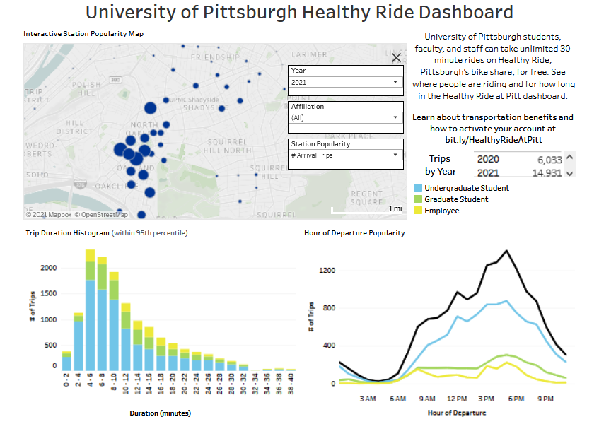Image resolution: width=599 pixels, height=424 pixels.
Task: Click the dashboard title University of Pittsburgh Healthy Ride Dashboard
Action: [299, 12]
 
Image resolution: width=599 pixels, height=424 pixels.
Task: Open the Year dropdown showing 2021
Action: [346, 82]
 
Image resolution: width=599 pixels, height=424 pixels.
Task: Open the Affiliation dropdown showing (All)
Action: [346, 118]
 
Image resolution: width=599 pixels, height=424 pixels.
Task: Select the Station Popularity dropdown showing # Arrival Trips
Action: [346, 155]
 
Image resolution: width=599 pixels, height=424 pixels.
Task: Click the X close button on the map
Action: [396, 58]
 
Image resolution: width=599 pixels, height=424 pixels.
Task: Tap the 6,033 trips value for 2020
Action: [545, 160]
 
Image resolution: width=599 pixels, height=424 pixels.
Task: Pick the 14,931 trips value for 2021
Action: [545, 173]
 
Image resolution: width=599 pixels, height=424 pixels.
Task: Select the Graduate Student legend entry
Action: [455, 199]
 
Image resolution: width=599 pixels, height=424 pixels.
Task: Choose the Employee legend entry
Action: [441, 211]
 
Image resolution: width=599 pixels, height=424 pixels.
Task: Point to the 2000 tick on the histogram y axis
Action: [48, 268]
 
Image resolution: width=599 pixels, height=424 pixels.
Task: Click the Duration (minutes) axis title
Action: [161, 413]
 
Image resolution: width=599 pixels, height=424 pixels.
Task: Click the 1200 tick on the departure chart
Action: [325, 271]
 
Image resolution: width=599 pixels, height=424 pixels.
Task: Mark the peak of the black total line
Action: [506, 251]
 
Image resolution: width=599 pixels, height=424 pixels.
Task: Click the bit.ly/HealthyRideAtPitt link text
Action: [493, 140]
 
